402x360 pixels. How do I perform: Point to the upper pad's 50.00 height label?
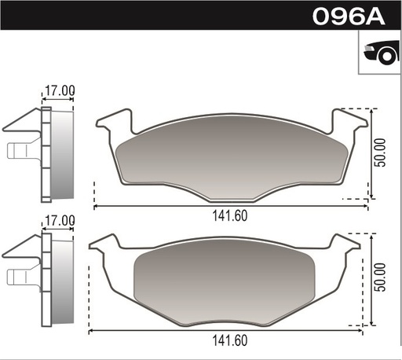381,154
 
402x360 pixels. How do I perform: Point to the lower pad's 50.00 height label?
381,277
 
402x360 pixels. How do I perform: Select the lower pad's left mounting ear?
105,245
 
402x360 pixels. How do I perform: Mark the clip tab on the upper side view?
20,150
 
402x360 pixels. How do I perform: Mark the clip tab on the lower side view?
20,276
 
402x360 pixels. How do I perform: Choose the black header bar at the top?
157,17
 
